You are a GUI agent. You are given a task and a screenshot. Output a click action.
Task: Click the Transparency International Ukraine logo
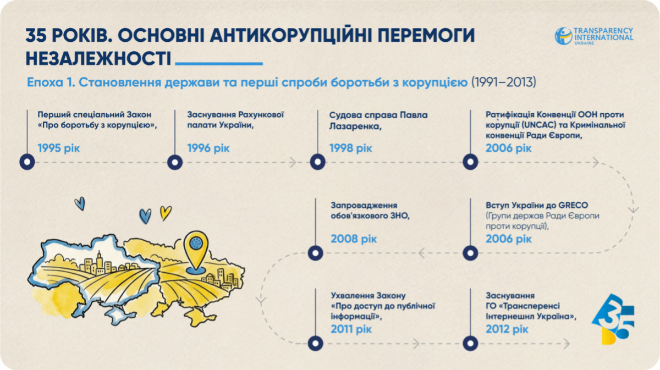pyautogui.click(x=594, y=36)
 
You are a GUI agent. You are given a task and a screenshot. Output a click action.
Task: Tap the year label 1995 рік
pyautogui.click(x=59, y=148)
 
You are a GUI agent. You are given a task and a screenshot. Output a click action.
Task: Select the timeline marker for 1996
pyautogui.click(x=175, y=162)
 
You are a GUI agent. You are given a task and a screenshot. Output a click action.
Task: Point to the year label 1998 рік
pyautogui.click(x=351, y=148)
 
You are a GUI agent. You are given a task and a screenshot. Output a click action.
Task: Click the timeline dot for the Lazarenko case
pyautogui.click(x=318, y=162)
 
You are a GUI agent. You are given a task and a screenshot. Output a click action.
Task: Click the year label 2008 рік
pyautogui.click(x=354, y=239)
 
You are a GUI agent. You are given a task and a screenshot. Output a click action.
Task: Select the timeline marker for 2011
pyautogui.click(x=315, y=344)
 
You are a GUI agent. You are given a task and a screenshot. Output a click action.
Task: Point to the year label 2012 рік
pyautogui.click(x=507, y=329)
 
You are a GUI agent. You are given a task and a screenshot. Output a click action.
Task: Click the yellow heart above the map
pyautogui.click(x=166, y=213)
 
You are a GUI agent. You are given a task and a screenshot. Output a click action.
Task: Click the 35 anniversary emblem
pyautogui.click(x=613, y=319)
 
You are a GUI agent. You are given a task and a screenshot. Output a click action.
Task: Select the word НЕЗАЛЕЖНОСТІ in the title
pyautogui.click(x=98, y=59)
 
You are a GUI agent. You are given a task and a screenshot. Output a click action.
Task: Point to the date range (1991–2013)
pyautogui.click(x=504, y=82)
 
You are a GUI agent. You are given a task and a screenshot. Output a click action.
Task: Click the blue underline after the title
pyautogui.click(x=219, y=63)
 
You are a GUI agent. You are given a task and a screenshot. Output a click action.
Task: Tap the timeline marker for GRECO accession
pyautogui.click(x=470, y=253)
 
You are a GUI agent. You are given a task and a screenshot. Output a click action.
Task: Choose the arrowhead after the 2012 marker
pyautogui.click(x=566, y=344)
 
